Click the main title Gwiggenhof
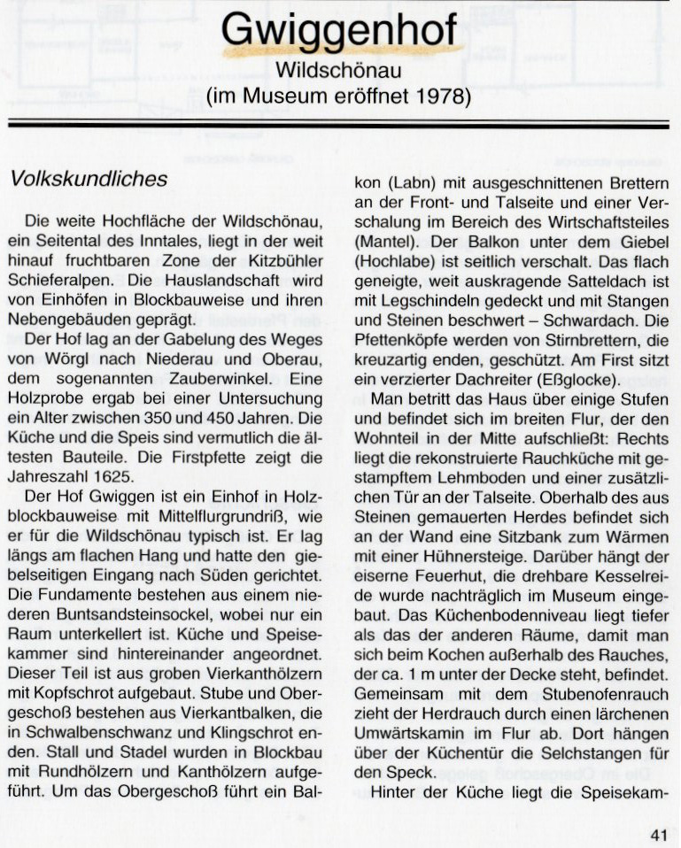[x=340, y=31]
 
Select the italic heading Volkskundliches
[x=88, y=179]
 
